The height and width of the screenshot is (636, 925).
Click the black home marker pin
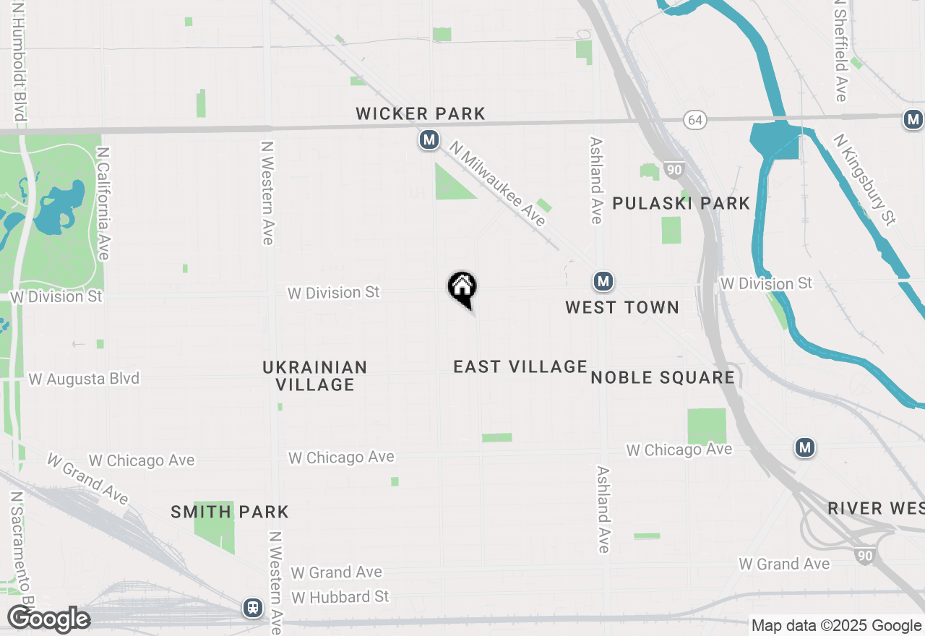tap(462, 288)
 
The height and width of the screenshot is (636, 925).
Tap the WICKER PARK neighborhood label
tap(421, 113)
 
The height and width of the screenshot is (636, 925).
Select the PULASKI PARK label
tap(681, 203)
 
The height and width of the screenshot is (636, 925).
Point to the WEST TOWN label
tap(622, 307)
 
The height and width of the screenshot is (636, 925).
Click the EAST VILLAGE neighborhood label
tap(520, 366)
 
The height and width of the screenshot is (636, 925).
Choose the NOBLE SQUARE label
tap(663, 377)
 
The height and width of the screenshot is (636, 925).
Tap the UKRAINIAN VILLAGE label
tap(315, 376)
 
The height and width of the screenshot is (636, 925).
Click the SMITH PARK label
tap(230, 512)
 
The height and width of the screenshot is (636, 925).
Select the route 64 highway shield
tap(695, 120)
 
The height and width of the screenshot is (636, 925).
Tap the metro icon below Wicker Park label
tap(429, 139)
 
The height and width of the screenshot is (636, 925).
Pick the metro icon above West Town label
tap(603, 281)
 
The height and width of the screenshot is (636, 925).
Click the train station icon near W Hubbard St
tap(253, 607)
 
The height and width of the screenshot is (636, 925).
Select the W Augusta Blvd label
tap(84, 379)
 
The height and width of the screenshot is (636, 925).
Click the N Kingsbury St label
tap(864, 178)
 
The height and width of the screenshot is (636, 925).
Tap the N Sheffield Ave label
tap(840, 51)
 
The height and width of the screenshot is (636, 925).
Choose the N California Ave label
tap(103, 204)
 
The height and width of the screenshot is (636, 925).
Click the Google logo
tap(48, 619)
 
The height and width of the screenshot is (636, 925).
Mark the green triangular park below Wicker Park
tap(450, 184)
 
